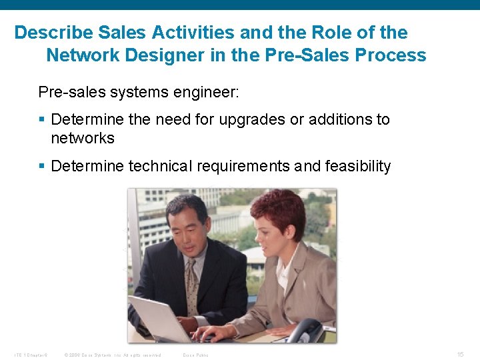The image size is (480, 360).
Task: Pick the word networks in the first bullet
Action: [82, 138]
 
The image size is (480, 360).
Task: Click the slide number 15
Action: [460, 354]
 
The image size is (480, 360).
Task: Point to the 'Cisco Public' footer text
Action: [195, 355]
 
